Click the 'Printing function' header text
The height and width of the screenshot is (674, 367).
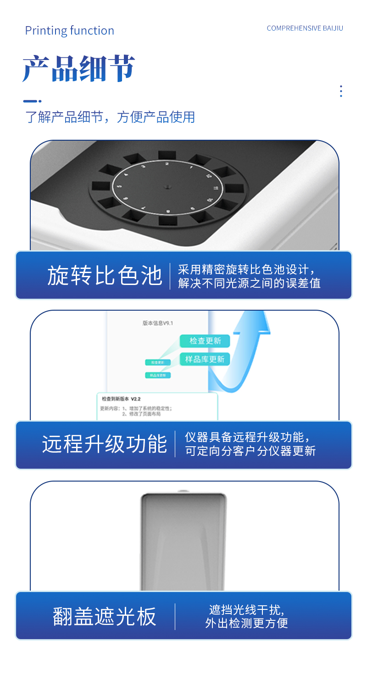[69, 31]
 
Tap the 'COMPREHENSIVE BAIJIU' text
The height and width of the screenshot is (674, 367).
[305, 28]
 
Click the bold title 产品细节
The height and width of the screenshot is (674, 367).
[78, 69]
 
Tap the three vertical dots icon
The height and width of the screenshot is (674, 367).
[341, 91]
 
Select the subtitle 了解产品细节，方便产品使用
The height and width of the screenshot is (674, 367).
[110, 117]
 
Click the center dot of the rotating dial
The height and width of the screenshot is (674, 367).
[167, 187]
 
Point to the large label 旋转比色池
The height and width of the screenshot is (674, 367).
[105, 276]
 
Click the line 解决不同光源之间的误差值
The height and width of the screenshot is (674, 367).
[249, 283]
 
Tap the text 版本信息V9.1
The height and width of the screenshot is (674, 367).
[158, 323]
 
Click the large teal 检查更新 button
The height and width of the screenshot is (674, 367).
[205, 341]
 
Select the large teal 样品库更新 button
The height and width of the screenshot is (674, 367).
[205, 359]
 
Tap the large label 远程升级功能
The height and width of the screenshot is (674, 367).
[104, 444]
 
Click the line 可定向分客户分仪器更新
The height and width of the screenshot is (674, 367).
[250, 451]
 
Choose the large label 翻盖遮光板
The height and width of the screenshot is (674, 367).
[105, 616]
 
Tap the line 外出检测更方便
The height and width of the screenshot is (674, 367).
[246, 623]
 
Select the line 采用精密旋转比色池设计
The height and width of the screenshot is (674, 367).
[246, 269]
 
